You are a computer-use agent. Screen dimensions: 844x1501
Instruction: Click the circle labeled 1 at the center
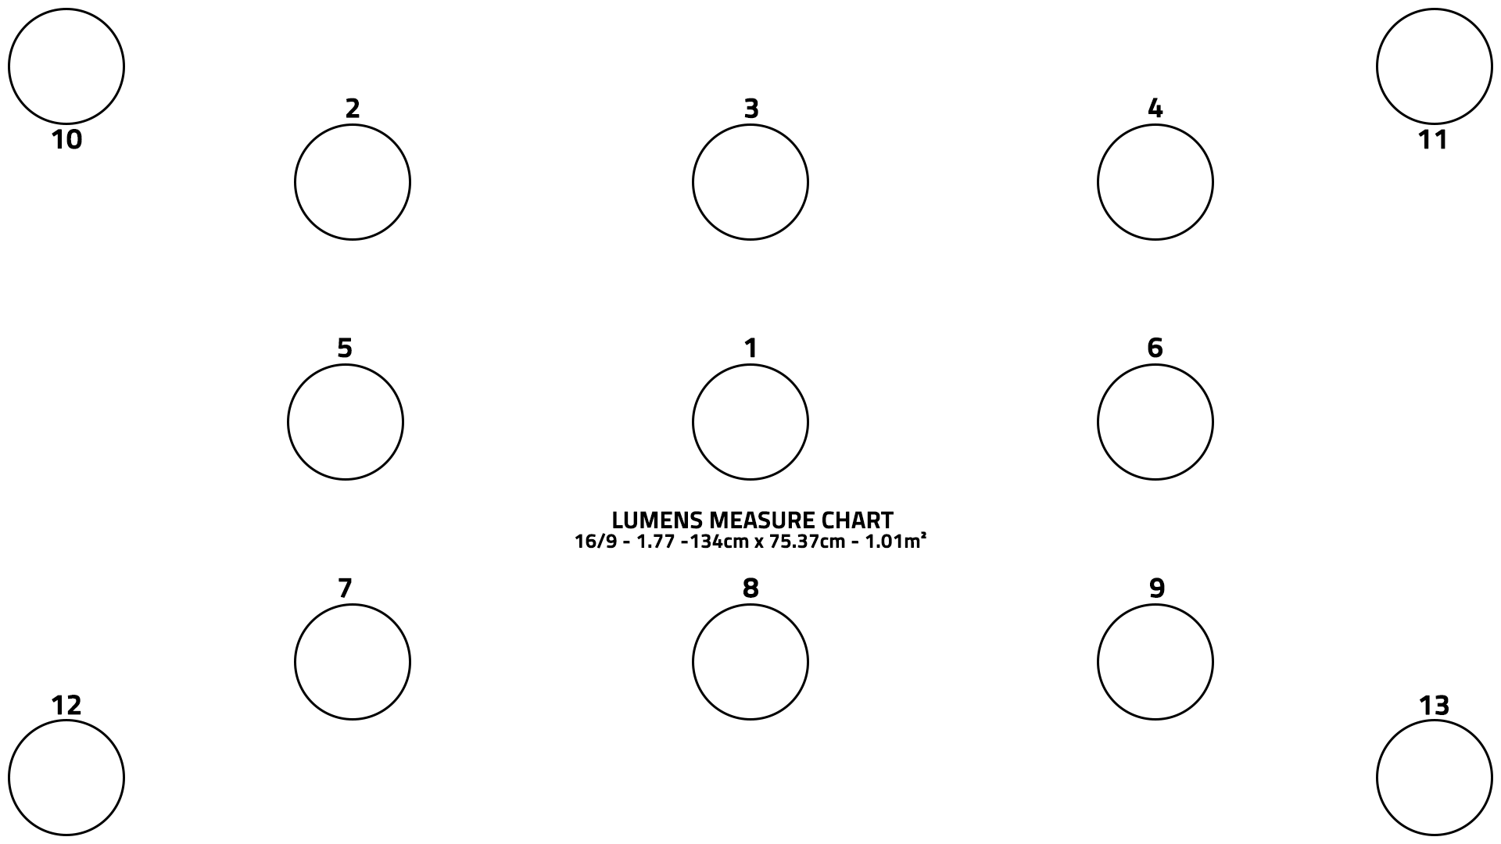750,422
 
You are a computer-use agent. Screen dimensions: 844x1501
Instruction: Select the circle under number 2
353,182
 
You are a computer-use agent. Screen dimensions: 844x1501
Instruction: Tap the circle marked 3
750,182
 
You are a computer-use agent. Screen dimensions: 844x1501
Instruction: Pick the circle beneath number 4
1155,182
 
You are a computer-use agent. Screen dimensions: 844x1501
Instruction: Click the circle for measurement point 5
346,422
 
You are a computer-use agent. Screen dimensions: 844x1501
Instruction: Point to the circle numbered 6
1155,422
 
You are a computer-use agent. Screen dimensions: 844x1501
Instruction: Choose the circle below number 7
353,662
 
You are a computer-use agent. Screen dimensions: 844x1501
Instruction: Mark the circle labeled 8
750,662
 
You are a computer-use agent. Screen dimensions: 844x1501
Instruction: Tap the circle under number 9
1155,662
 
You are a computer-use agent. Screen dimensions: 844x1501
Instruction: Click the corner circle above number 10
66,66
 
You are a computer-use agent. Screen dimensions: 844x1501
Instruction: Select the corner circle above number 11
1434,66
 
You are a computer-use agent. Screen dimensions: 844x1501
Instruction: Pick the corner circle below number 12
66,778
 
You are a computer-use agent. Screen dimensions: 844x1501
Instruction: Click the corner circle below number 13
1434,778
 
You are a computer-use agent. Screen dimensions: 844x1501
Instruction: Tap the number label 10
66,140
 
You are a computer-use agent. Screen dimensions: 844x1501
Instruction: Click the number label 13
1434,706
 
